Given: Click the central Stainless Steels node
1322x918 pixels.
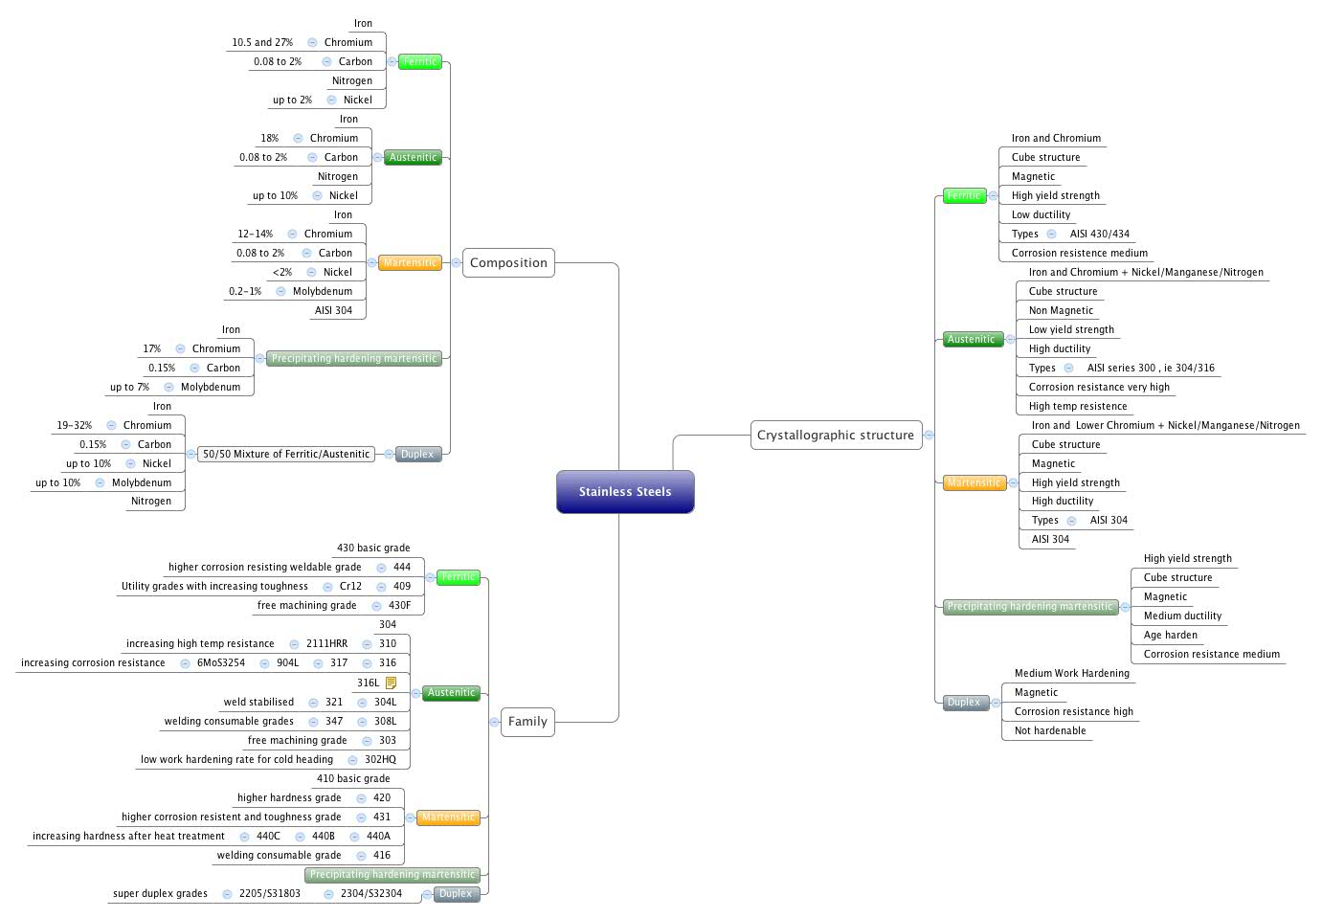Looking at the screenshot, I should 625,492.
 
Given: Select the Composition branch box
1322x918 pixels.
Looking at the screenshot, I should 508,263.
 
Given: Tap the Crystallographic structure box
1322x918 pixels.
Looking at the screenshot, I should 836,436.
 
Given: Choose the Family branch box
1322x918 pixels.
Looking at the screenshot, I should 527,722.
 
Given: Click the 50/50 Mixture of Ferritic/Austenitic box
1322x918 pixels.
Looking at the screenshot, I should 286,455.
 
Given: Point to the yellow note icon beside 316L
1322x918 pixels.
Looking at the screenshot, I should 391,683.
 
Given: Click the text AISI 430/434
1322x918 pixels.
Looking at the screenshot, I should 1099,235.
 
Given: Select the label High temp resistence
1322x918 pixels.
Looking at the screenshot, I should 1078,407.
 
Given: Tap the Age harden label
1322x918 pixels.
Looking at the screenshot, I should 1170,636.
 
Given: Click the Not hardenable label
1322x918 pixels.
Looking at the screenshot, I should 1050,731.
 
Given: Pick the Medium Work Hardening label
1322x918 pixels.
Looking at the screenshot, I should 1071,674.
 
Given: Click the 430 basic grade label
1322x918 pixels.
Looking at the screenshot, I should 373,549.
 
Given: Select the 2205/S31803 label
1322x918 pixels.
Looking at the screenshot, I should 270,894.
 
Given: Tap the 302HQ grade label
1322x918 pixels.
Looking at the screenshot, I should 380,760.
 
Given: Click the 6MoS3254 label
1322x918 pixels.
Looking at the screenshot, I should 221,663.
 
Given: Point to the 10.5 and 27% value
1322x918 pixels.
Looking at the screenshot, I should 262,43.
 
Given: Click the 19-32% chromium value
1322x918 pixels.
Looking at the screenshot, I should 75,426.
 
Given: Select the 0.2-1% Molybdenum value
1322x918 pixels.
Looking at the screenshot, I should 245,292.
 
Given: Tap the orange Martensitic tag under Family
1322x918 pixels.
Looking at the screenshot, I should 448,817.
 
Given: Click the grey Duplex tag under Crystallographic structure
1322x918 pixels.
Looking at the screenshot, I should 964,703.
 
